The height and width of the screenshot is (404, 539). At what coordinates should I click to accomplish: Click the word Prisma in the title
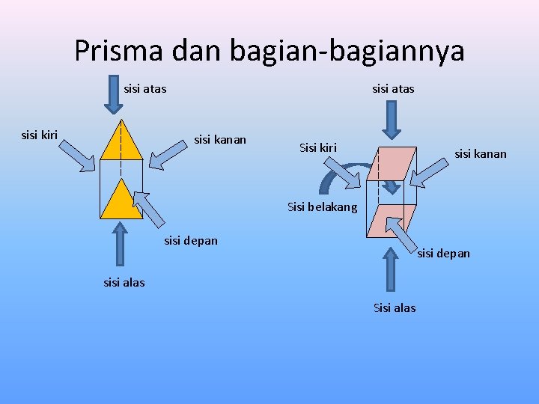(x=121, y=50)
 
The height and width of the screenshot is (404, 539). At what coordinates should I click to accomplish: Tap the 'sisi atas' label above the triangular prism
(x=145, y=89)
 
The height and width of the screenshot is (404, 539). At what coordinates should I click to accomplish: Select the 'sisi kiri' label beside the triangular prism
(x=40, y=135)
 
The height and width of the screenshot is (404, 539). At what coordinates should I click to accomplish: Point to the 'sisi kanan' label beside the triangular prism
(x=220, y=139)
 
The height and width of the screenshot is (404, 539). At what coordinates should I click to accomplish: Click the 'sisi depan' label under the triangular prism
(x=191, y=240)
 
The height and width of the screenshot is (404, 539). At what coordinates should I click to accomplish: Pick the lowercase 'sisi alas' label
(x=124, y=282)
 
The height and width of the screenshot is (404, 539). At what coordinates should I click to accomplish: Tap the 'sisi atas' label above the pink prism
(x=393, y=89)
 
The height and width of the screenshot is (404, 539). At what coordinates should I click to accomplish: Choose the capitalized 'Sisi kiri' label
(x=318, y=147)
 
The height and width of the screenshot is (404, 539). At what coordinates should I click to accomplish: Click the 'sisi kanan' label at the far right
(x=481, y=154)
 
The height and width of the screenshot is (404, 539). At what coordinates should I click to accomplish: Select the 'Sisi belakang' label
(x=323, y=207)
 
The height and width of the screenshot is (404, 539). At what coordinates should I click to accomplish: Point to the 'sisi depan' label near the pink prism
(x=444, y=253)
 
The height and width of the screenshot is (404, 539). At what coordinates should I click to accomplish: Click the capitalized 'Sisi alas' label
(x=395, y=307)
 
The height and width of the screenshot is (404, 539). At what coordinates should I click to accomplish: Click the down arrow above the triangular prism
(x=114, y=94)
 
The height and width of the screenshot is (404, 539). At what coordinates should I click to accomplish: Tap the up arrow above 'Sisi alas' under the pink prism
(x=389, y=269)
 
